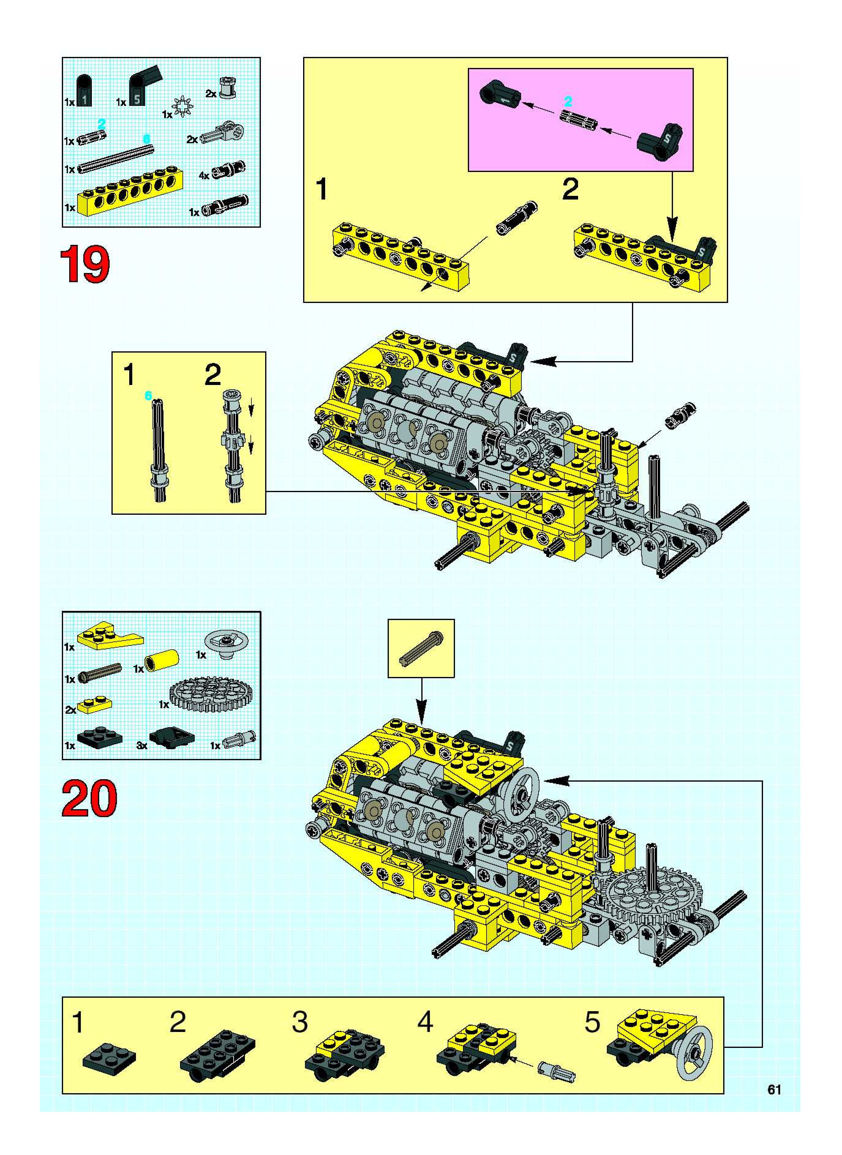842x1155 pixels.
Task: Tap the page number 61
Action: tap(774, 1089)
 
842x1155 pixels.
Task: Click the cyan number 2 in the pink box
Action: tap(568, 101)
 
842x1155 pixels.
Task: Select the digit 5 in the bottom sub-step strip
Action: tap(592, 1022)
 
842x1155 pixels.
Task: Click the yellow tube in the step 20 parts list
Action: tap(162, 660)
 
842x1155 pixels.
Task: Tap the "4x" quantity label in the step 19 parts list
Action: tap(204, 176)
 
